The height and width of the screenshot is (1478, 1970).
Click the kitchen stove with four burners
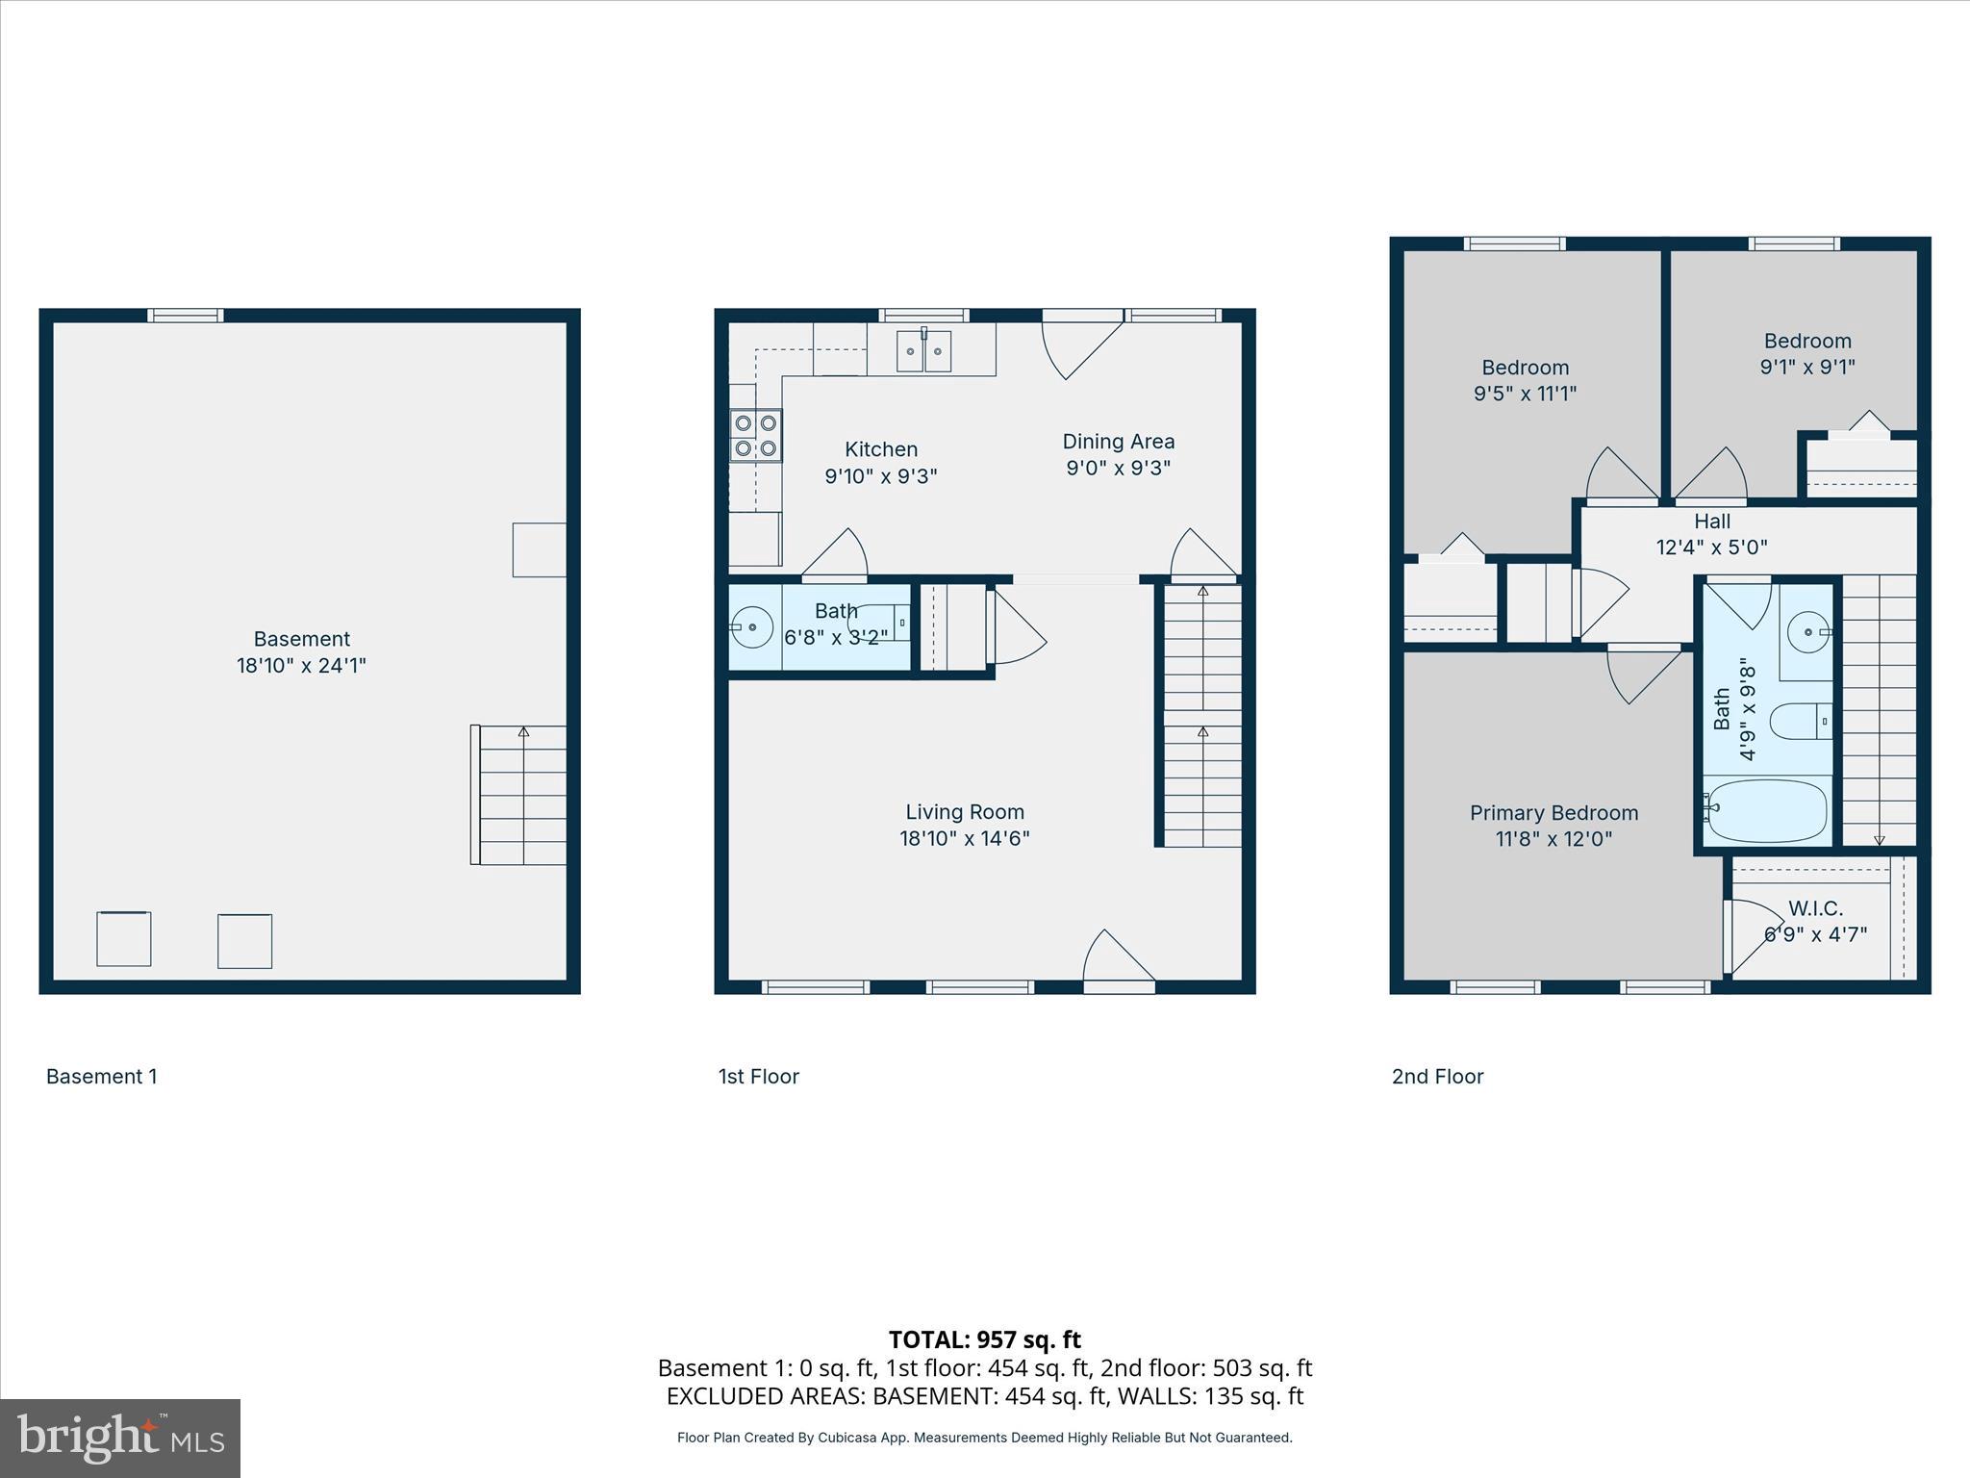click(x=755, y=436)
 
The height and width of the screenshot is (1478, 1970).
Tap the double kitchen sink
click(x=924, y=351)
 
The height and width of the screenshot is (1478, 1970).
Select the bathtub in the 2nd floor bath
click(x=1766, y=811)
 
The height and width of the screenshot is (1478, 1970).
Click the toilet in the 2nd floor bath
click(x=1799, y=721)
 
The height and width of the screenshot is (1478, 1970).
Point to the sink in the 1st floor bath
click(x=751, y=628)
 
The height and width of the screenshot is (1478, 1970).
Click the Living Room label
click(x=964, y=812)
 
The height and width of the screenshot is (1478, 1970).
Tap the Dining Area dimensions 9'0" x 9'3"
click(x=1118, y=468)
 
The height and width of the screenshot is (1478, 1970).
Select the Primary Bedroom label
click(x=1553, y=813)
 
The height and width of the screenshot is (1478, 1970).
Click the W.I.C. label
click(x=1815, y=908)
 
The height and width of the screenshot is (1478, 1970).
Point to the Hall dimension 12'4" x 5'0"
click(x=1711, y=548)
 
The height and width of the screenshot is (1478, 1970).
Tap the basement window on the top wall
click(x=186, y=316)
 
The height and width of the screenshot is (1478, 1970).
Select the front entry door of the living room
click(x=1118, y=962)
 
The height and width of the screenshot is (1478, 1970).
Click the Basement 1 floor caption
click(x=101, y=1077)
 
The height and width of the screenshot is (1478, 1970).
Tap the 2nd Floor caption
click(x=1437, y=1077)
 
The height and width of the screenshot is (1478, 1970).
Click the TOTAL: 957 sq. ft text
click(x=984, y=1339)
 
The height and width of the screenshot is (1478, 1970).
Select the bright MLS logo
click(x=120, y=1439)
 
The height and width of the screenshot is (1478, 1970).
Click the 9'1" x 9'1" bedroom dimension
click(x=1806, y=367)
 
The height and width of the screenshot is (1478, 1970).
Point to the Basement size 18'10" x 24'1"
click(x=301, y=665)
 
